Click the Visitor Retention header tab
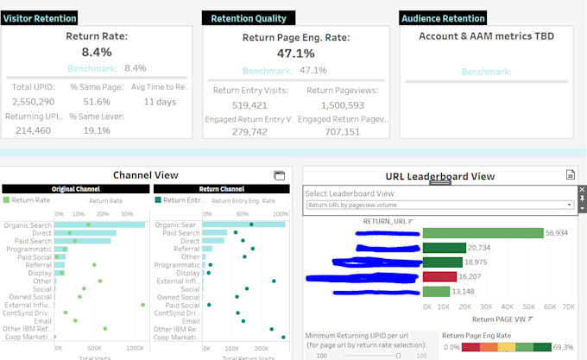point(40,17)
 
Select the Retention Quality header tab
point(249,17)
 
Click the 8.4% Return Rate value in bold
point(97,52)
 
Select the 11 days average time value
point(159,101)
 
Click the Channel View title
point(145,174)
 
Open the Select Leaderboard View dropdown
point(440,205)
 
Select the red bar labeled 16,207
point(439,277)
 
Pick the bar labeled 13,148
point(437,292)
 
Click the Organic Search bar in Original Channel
point(98,224)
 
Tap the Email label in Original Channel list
point(41,320)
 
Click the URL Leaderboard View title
point(440,176)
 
